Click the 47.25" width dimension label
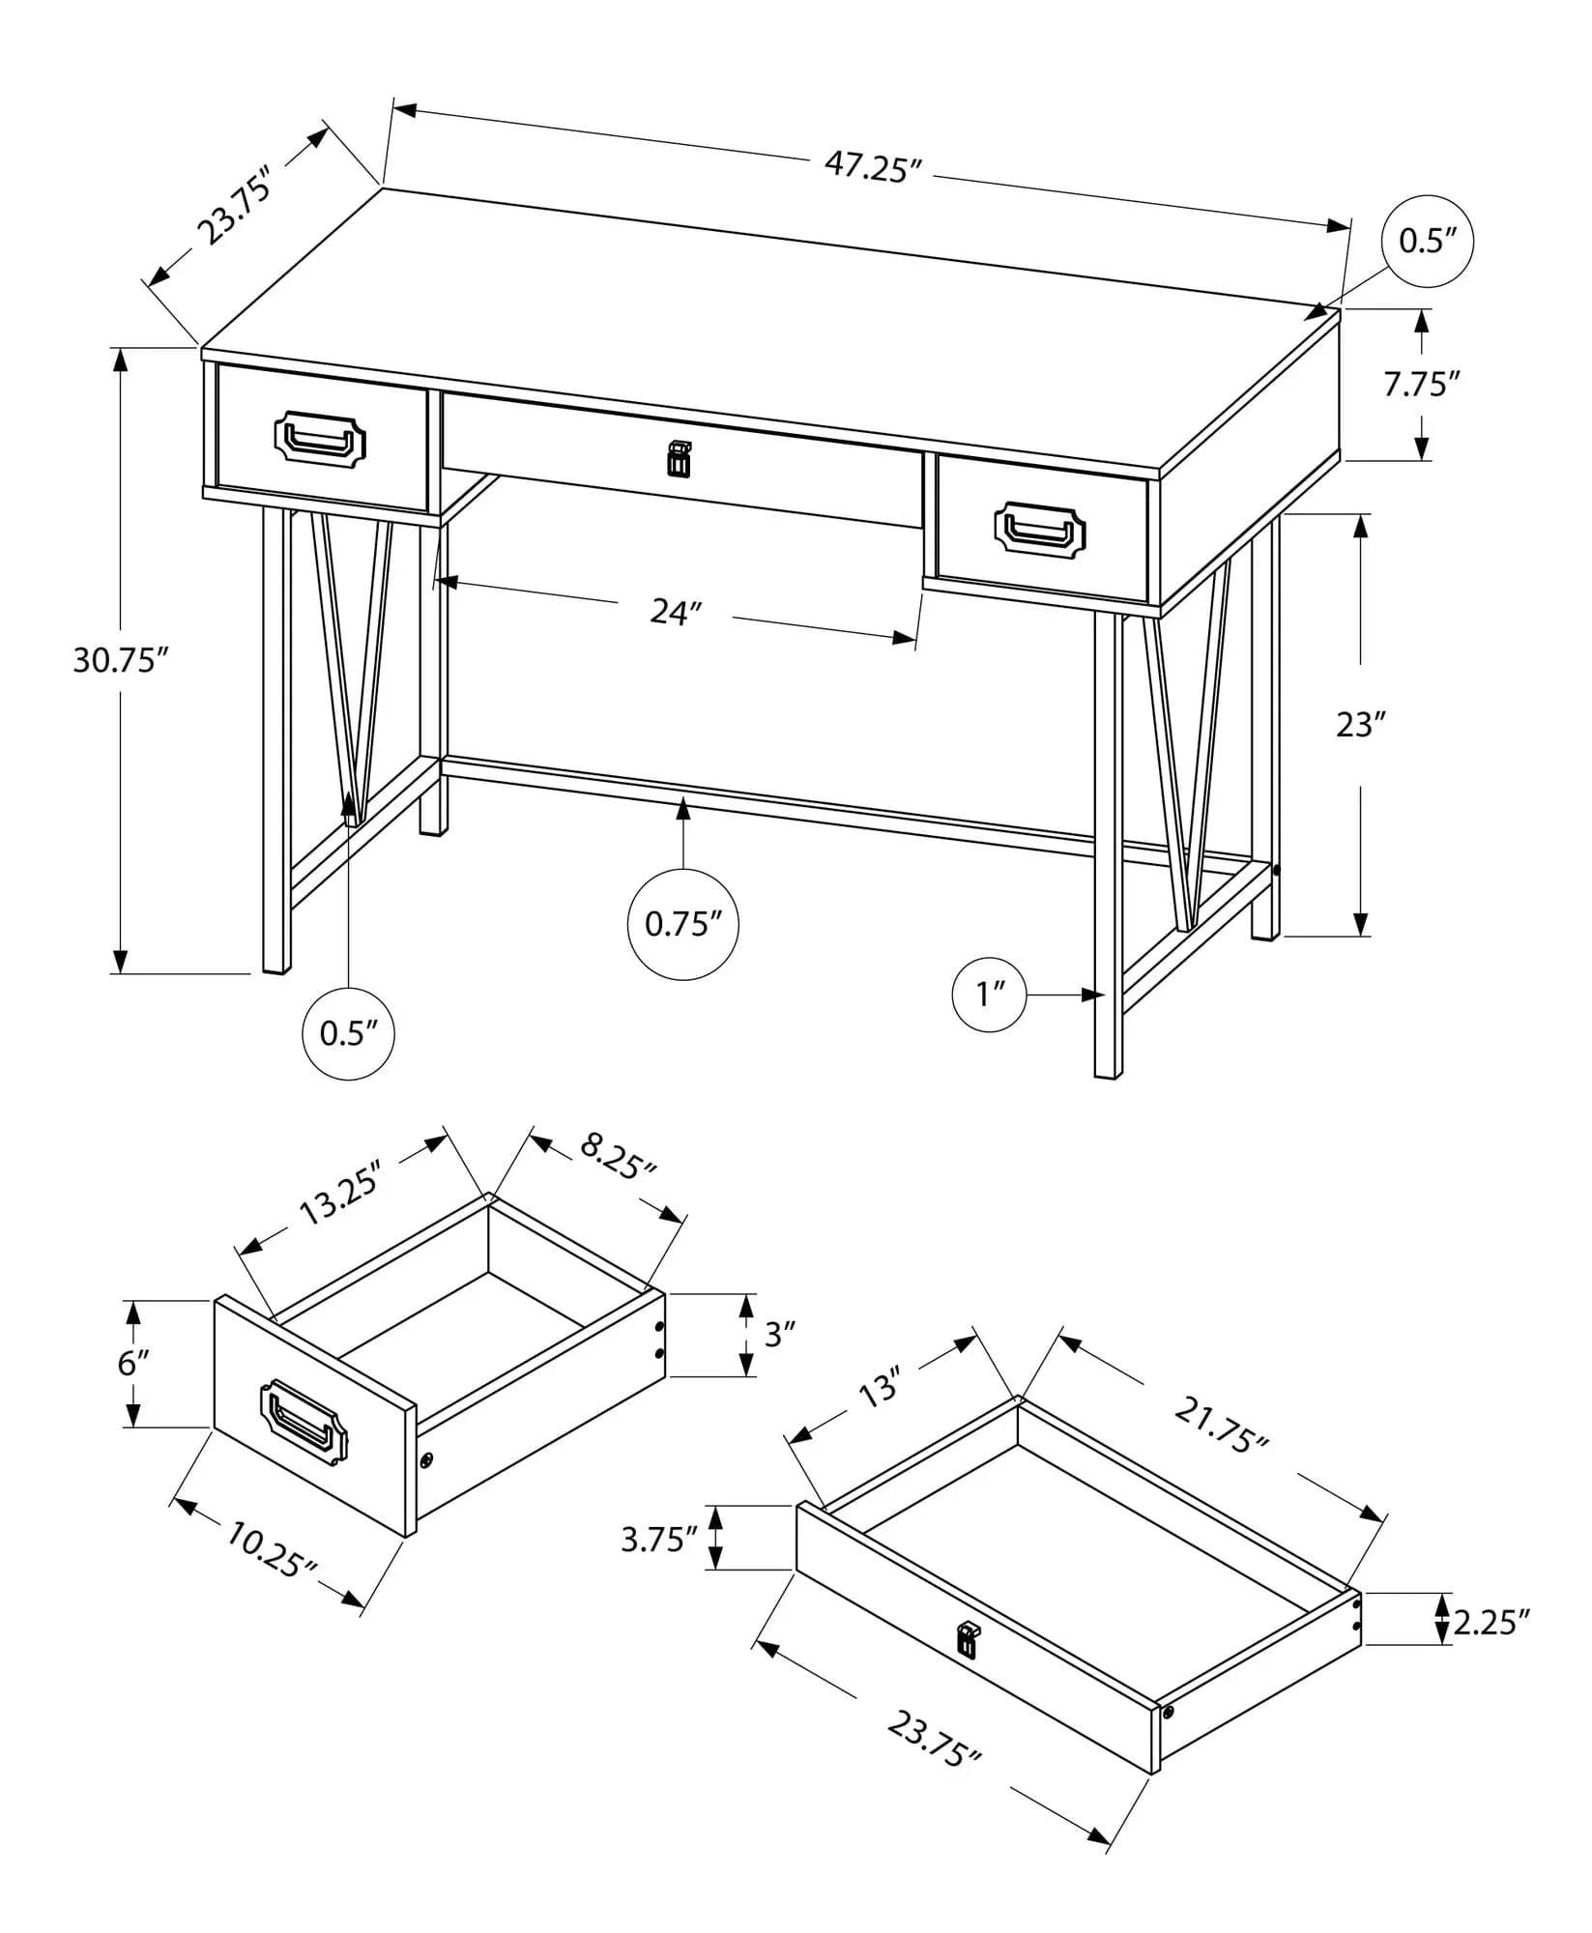point(868,167)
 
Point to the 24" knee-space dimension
point(675,611)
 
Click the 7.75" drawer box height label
point(1420,385)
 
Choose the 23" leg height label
point(1361,724)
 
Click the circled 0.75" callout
point(683,924)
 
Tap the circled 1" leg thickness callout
point(989,994)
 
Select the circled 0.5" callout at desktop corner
point(1428,241)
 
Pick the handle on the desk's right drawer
point(1039,530)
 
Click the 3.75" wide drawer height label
point(659,1539)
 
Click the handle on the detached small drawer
point(304,1419)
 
